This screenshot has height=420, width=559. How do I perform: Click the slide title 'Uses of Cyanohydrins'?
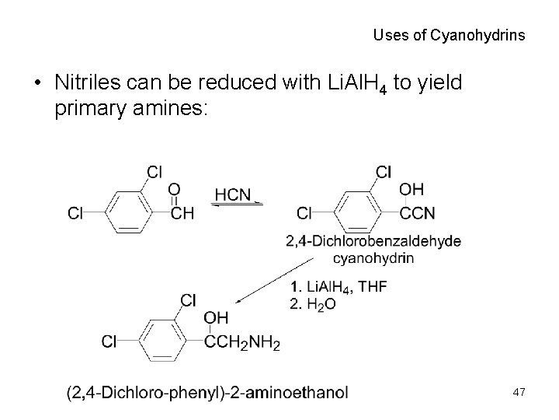[x=449, y=35]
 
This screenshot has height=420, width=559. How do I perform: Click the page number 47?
[x=519, y=394]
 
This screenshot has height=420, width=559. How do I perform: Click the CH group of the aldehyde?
[x=182, y=213]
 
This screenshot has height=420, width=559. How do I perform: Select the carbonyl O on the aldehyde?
[x=175, y=190]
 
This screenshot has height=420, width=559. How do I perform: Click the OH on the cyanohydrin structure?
[x=411, y=190]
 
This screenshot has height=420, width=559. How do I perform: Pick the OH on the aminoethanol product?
[x=216, y=317]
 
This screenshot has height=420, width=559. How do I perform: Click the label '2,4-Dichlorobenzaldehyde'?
[x=373, y=241]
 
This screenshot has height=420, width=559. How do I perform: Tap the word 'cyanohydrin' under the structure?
[x=373, y=257]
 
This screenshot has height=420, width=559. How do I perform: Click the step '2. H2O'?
[x=313, y=304]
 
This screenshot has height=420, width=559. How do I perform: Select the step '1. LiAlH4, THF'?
[x=338, y=287]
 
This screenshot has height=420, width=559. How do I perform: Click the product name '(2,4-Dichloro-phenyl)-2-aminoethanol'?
[x=207, y=392]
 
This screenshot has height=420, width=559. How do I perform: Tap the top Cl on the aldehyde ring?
[x=155, y=171]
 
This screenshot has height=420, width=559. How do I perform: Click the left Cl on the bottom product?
[x=109, y=341]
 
